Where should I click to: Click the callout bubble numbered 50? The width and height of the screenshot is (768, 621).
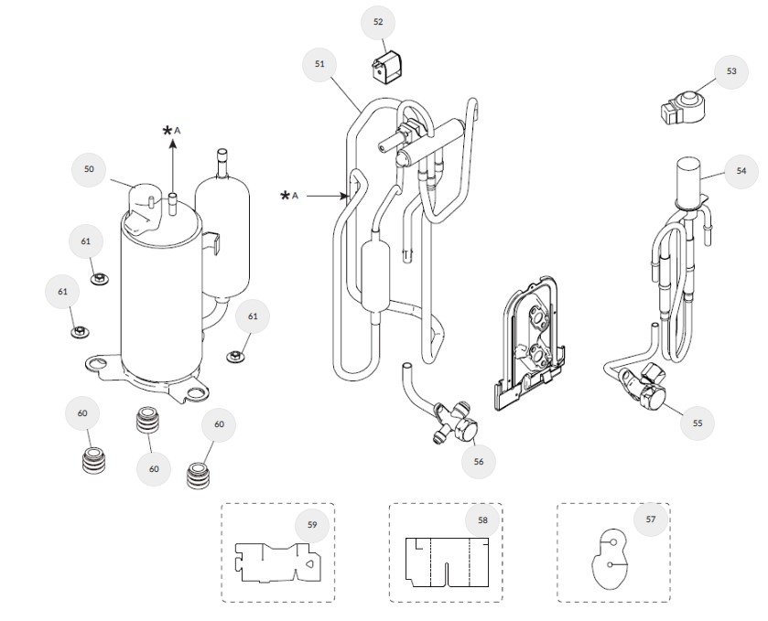(x=89, y=169)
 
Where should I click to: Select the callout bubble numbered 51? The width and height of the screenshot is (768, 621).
(x=319, y=64)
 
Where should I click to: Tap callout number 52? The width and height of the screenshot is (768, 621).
(x=378, y=23)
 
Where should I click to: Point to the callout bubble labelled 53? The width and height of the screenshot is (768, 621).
(x=730, y=71)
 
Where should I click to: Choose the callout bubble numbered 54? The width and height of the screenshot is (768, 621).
(x=741, y=171)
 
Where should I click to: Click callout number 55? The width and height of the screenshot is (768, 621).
(x=698, y=423)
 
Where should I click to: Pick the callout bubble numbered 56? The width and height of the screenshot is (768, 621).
(x=478, y=462)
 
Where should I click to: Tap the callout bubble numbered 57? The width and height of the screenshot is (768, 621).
(x=651, y=519)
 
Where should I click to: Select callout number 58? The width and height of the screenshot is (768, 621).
(x=482, y=520)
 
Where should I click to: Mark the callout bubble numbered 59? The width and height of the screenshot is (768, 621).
(x=312, y=525)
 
